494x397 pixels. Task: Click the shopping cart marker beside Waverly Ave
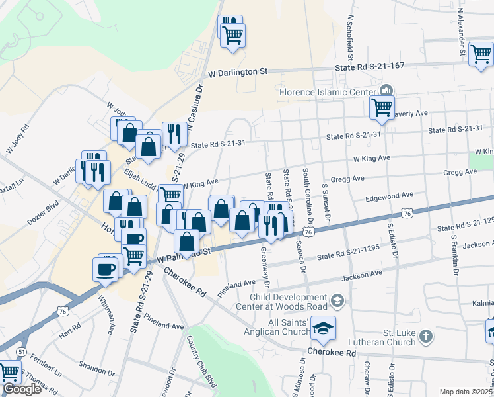pos(382,107)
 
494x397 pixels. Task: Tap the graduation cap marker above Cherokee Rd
pos(323,328)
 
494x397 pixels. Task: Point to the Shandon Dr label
pos(96,365)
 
